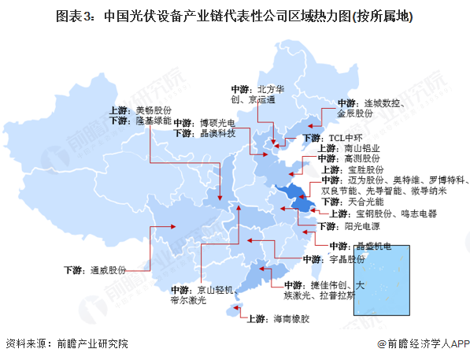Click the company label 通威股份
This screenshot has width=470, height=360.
pos(106,269)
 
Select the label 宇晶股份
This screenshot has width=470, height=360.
pos(346,259)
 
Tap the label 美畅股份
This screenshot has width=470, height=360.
pos(153,110)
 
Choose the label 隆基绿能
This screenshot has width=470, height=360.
pos(153,121)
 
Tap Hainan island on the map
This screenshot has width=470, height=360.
pos(232,314)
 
